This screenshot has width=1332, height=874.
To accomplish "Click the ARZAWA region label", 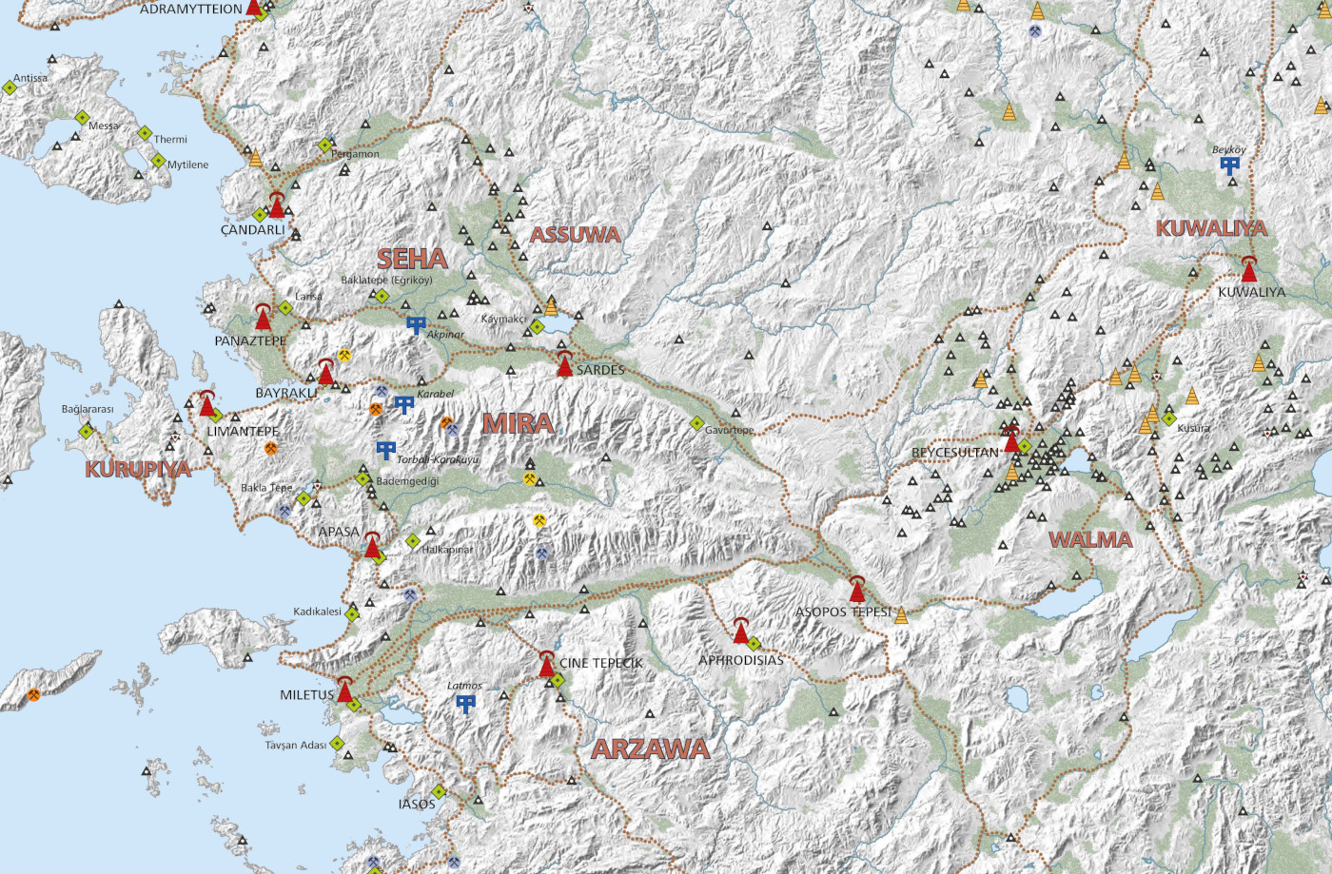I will click(651, 749).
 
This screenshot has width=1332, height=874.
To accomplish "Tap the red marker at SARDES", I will click(564, 365).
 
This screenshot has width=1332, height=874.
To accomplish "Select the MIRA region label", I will click(518, 423).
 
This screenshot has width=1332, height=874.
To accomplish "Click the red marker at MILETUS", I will click(344, 690).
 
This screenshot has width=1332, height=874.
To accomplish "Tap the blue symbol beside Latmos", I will click(465, 704).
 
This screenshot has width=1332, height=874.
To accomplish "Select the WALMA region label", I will click(1090, 540).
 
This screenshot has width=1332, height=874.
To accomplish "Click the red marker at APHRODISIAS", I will click(740, 631).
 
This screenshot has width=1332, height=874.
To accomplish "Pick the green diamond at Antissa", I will click(10, 87).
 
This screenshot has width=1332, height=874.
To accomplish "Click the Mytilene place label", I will click(187, 165).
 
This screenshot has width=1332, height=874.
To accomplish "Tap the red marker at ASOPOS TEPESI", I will click(856, 592).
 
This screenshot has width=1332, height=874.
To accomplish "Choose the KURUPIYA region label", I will click(138, 469).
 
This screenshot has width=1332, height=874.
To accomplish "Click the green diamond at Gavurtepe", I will click(696, 423).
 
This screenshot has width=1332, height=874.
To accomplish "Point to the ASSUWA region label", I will click(575, 235).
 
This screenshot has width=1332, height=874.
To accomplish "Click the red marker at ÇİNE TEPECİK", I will click(546, 665).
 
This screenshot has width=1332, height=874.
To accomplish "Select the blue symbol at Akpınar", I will click(415, 325).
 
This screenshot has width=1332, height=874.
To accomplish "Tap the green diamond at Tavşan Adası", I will click(336, 744).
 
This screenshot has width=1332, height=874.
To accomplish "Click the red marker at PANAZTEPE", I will click(264, 318).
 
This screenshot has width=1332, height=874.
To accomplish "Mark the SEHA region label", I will click(411, 259).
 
